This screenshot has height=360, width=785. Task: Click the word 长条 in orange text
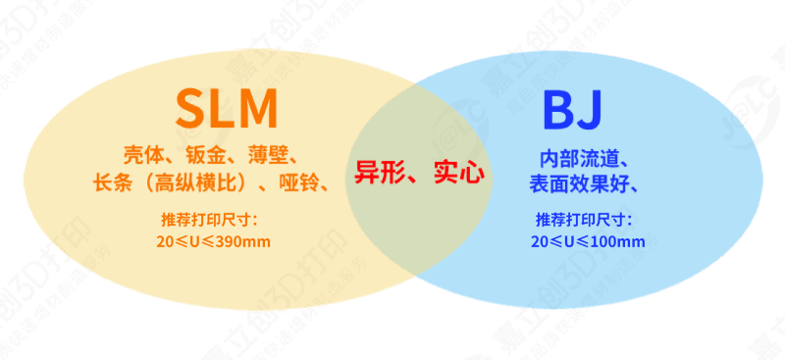pyautogui.click(x=107, y=182)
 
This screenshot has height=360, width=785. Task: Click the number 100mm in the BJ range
pyautogui.click(x=619, y=241)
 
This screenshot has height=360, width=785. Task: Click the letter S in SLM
pyautogui.click(x=191, y=108)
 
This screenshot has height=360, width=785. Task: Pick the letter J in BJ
pyautogui.click(x=589, y=110)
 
